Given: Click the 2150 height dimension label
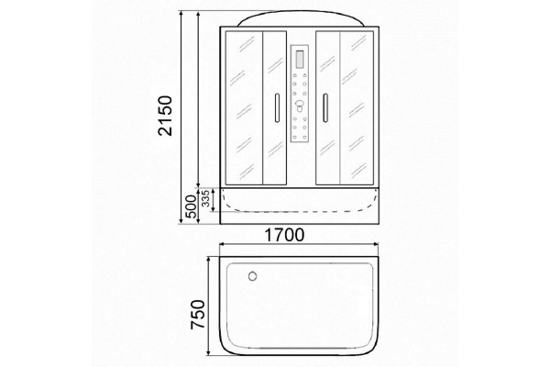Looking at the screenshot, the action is point(165,116).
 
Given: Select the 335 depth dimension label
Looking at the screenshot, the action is point(206,198).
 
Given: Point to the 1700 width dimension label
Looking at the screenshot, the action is point(284,235).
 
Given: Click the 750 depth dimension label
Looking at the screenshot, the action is point(197,315).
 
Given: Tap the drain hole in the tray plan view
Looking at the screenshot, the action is point(252,276).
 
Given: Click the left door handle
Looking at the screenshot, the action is point(277,108).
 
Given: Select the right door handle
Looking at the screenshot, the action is point(325,108).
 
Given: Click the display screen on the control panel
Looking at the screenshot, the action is point(300,59).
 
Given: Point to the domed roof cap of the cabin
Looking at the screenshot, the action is point(300,18).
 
